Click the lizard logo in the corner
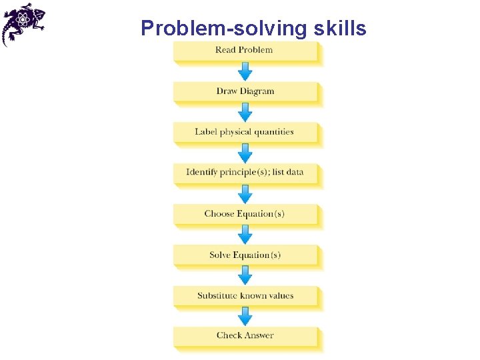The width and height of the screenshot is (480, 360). (x=23, y=23)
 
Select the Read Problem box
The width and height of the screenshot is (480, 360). (x=245, y=51)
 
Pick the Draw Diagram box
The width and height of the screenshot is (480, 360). (x=245, y=91)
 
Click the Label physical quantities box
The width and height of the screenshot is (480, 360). (x=245, y=132)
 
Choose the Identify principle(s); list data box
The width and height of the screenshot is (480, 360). (x=245, y=173)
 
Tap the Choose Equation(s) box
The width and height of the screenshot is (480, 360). (x=245, y=214)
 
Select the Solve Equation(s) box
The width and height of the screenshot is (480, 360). (x=245, y=255)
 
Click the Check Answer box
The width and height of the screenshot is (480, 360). (x=245, y=336)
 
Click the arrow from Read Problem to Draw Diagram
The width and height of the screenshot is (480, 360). (x=245, y=71)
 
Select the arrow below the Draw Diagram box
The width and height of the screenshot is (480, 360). (x=245, y=112)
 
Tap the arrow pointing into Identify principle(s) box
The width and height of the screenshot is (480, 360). (x=245, y=153)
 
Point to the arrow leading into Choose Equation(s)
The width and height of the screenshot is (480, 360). (x=245, y=193)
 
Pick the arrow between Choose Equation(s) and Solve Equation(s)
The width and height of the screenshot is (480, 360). (x=245, y=234)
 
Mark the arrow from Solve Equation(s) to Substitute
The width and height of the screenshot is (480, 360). (x=245, y=275)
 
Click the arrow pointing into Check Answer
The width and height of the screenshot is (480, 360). (x=245, y=316)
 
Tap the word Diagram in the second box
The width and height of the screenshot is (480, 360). (x=257, y=91)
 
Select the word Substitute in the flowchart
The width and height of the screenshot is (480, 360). (x=217, y=295)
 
